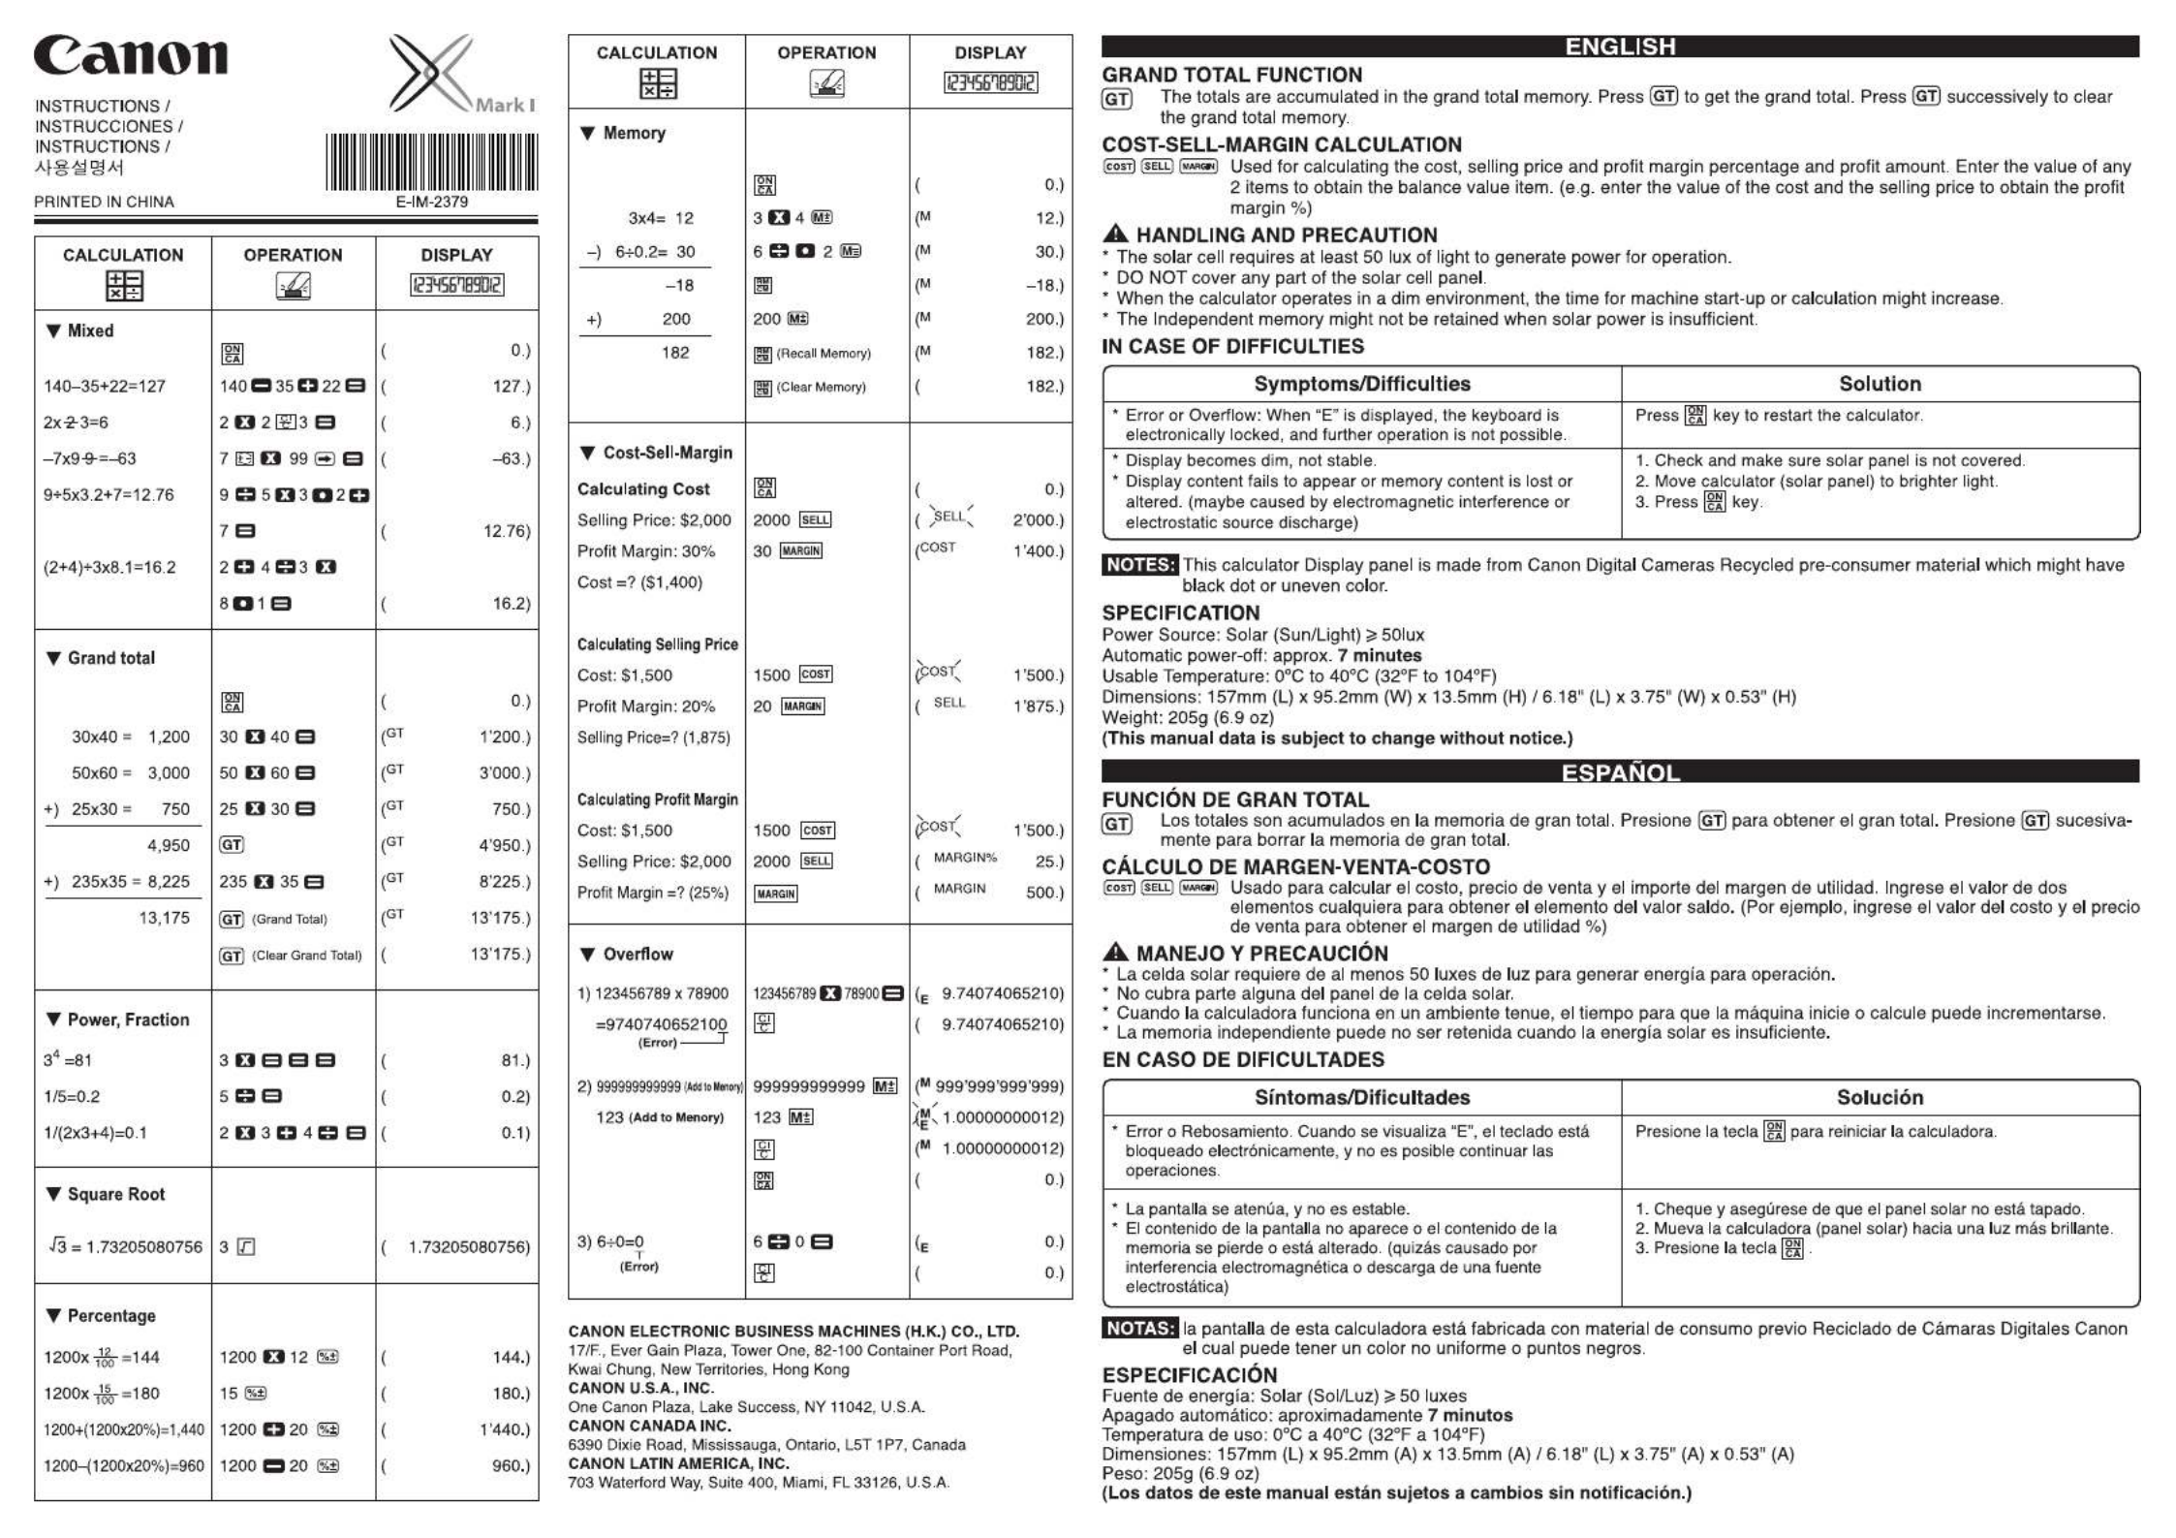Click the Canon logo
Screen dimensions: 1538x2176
pos(131,56)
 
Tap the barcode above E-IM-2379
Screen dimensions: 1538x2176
pos(431,162)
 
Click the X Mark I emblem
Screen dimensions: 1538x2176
pos(455,76)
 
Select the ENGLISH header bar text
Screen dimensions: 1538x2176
pos(1620,47)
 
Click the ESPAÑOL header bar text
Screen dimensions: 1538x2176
pos(1620,772)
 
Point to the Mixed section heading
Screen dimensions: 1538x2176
pos(89,330)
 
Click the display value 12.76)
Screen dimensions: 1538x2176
pos(507,531)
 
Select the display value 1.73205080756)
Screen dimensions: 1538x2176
pos(469,1247)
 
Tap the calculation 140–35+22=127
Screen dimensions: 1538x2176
pos(105,386)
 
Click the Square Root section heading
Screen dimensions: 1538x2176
pos(115,1194)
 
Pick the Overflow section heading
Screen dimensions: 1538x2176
pos(637,954)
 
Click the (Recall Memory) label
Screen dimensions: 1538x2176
pos(824,354)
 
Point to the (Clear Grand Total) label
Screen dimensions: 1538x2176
pos(307,956)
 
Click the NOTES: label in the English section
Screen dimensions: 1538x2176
pos(1140,565)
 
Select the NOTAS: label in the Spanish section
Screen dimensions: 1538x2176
pos(1140,1329)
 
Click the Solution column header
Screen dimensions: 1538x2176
pos(1880,384)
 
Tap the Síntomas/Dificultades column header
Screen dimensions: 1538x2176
pos(1361,1097)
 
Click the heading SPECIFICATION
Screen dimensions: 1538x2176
pos(1180,612)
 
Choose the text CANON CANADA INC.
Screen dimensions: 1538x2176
pos(649,1426)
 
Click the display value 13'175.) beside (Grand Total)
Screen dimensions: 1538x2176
pos(500,918)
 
